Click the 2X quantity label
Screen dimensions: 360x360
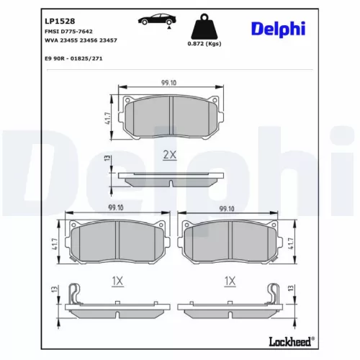[x=170, y=155]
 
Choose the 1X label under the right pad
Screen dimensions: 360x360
[x=231, y=280]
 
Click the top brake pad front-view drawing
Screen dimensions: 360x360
[x=171, y=115]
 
